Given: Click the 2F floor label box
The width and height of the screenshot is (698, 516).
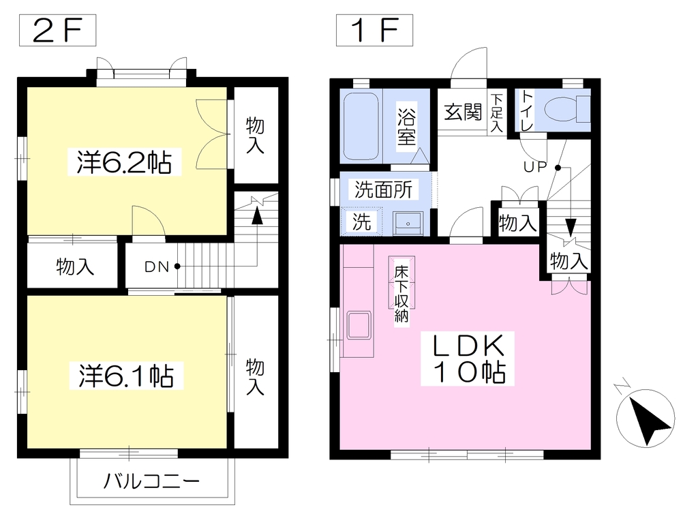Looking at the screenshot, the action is [57, 30].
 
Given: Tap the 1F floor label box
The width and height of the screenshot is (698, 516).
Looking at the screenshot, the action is [374, 30].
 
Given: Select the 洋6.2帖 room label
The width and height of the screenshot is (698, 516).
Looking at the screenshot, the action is [124, 162].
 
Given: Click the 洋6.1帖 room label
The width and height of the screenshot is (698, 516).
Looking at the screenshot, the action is [126, 376].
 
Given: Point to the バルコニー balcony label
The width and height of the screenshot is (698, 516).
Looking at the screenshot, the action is [151, 481].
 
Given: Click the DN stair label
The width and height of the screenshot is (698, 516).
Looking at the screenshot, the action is [157, 267].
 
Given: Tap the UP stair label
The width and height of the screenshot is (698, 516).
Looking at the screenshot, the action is [535, 167].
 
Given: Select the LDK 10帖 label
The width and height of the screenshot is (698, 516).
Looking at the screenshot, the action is [468, 359].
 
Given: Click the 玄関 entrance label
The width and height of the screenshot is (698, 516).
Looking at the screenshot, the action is [463, 112].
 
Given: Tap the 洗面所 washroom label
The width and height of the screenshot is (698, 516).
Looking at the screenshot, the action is [383, 189].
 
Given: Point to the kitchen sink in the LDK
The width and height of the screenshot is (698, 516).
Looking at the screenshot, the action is [359, 325].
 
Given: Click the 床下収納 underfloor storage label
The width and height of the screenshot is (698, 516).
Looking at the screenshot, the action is [401, 294].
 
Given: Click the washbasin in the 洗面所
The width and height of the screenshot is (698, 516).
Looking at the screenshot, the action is [408, 223].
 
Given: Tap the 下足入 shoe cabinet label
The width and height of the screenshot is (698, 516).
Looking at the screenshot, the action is [496, 112].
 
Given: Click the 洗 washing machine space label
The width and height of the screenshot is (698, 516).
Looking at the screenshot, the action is [361, 222].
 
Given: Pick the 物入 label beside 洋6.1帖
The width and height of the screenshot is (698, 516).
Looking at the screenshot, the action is [255, 377].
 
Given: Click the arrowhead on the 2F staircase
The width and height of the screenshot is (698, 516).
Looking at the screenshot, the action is [257, 216].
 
